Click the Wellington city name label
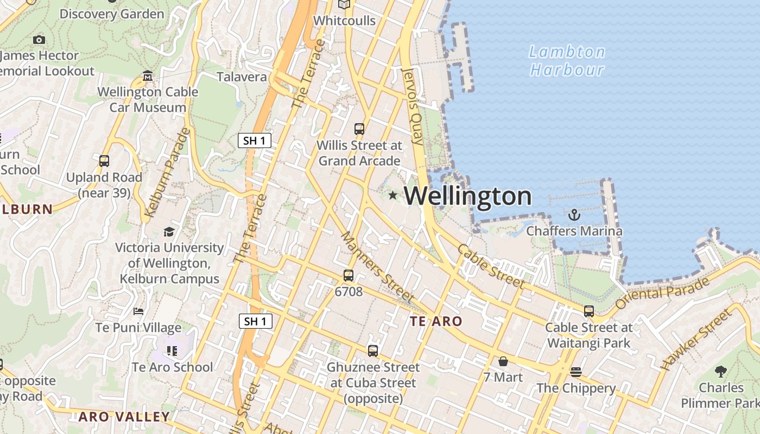point(467,196)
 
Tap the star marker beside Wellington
point(392,195)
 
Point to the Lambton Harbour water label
point(567,61)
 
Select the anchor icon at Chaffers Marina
point(574,215)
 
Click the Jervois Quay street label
point(412,106)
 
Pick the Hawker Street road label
point(696,339)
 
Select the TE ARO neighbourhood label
point(436,321)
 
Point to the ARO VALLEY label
point(124,417)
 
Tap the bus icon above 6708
point(349,276)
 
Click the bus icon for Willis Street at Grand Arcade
point(359,129)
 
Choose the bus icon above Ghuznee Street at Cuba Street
point(373,350)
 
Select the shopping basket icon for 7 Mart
point(503,361)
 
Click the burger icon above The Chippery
point(576,372)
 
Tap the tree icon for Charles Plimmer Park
point(721,372)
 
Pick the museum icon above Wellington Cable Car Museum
point(148,76)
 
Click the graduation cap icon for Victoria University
point(169,232)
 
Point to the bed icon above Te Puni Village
point(138,311)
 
